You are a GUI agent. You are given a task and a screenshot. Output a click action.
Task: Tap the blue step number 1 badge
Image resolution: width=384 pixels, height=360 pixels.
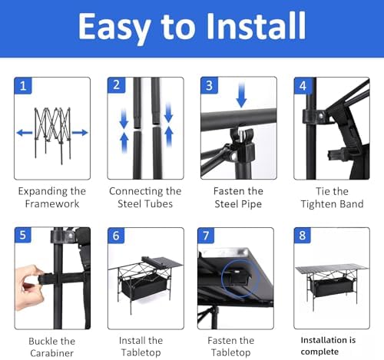point(23,85)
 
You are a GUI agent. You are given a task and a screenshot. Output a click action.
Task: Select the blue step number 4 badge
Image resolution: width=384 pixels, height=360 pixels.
point(303,85)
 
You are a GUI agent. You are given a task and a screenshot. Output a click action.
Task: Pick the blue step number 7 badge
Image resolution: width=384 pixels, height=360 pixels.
point(206,236)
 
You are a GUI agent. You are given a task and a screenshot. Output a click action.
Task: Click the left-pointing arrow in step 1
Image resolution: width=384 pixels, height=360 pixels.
point(25,133)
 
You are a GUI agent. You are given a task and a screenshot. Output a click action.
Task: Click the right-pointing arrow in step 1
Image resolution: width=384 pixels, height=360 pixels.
point(80,133)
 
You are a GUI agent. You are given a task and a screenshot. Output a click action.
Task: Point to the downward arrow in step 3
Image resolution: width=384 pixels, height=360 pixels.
point(241,94)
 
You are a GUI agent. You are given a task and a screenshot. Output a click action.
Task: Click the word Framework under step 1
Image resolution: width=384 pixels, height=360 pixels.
point(52,203)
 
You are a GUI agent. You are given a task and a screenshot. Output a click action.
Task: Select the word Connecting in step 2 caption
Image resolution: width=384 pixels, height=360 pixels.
point(134,191)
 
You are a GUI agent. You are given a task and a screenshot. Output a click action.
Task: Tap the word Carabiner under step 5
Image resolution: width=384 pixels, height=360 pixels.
point(51,353)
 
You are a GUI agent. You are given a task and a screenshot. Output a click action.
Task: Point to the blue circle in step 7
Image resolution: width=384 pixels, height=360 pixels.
point(240,279)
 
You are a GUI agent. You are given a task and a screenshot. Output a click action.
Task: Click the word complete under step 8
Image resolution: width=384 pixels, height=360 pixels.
point(319,352)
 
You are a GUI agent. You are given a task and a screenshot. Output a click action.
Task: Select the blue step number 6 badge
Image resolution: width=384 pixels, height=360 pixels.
point(116,236)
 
